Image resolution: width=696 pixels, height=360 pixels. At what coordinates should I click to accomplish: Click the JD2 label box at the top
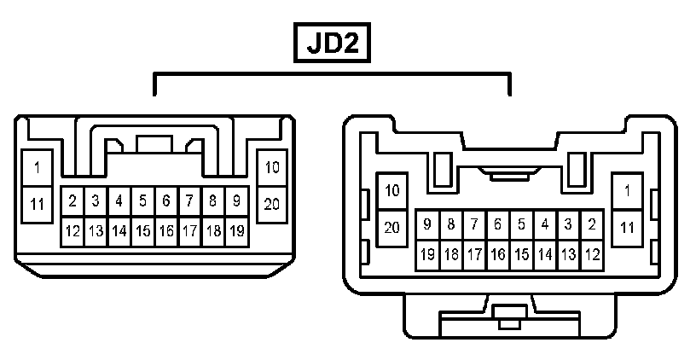(333, 43)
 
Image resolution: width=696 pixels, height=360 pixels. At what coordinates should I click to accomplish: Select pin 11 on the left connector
(38, 204)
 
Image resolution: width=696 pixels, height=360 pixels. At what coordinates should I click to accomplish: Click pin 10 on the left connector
(272, 167)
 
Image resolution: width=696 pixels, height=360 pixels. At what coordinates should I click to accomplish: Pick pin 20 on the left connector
(272, 204)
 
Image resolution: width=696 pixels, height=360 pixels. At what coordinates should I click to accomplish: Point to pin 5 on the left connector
(142, 201)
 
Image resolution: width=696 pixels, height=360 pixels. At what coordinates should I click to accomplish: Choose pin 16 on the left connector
(166, 230)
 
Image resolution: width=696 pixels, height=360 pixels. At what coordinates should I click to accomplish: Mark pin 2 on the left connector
(72, 201)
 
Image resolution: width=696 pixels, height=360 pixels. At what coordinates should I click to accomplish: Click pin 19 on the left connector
(236, 230)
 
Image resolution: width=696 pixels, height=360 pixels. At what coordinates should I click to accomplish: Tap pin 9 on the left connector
(236, 201)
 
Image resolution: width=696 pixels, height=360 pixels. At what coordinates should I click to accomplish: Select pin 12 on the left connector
(72, 230)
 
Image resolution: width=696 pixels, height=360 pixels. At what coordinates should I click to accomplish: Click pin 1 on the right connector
(628, 190)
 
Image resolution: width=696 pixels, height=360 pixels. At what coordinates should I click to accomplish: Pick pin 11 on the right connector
(628, 227)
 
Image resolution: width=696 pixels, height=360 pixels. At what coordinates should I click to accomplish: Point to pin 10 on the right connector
(392, 190)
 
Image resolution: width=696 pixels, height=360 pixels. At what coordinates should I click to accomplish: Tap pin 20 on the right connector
(392, 227)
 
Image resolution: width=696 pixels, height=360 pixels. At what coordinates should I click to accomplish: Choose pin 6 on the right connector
(497, 225)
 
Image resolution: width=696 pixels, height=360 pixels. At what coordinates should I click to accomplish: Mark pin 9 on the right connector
(427, 225)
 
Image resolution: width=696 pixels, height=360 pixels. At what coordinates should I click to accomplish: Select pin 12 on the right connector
(591, 253)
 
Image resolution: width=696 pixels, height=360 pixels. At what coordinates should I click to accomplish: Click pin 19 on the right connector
(427, 253)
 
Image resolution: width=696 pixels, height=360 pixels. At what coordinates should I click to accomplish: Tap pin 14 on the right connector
(544, 253)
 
